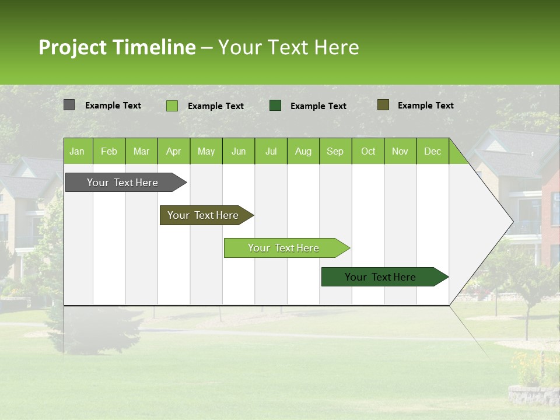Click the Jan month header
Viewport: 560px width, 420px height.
(77, 151)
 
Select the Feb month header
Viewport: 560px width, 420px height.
(109, 151)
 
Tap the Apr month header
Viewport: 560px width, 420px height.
(174, 151)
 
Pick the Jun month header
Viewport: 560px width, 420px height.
(239, 151)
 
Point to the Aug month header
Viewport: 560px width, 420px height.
(303, 151)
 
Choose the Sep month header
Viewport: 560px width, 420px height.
(335, 151)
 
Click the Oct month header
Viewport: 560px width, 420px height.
(368, 151)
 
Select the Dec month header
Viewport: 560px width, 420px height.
(432, 151)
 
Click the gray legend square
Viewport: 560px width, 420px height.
(69, 105)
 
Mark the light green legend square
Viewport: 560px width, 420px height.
(172, 106)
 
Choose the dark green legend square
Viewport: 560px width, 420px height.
(275, 105)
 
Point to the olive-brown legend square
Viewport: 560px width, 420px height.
(383, 105)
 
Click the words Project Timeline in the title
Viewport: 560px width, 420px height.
(117, 47)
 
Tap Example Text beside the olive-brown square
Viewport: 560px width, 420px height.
(425, 106)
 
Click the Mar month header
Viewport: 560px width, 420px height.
(141, 151)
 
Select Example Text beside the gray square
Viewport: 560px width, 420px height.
(113, 106)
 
